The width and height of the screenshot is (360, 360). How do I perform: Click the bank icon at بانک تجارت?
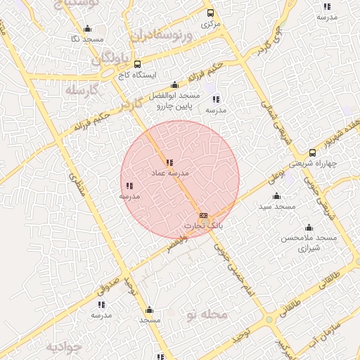point(204,216)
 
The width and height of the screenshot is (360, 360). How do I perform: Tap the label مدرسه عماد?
point(169,172)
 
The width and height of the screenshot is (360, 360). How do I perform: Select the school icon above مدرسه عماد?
point(169,162)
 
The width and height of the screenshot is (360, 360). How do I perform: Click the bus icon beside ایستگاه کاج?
point(136,63)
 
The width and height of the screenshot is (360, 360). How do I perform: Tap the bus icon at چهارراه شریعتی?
point(312,153)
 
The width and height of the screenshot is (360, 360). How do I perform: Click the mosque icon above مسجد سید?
point(276,196)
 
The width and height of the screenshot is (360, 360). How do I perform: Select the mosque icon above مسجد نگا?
point(86,29)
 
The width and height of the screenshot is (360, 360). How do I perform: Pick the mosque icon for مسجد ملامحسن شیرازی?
point(309,228)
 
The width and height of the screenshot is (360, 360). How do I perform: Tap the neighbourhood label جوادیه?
point(64,347)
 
